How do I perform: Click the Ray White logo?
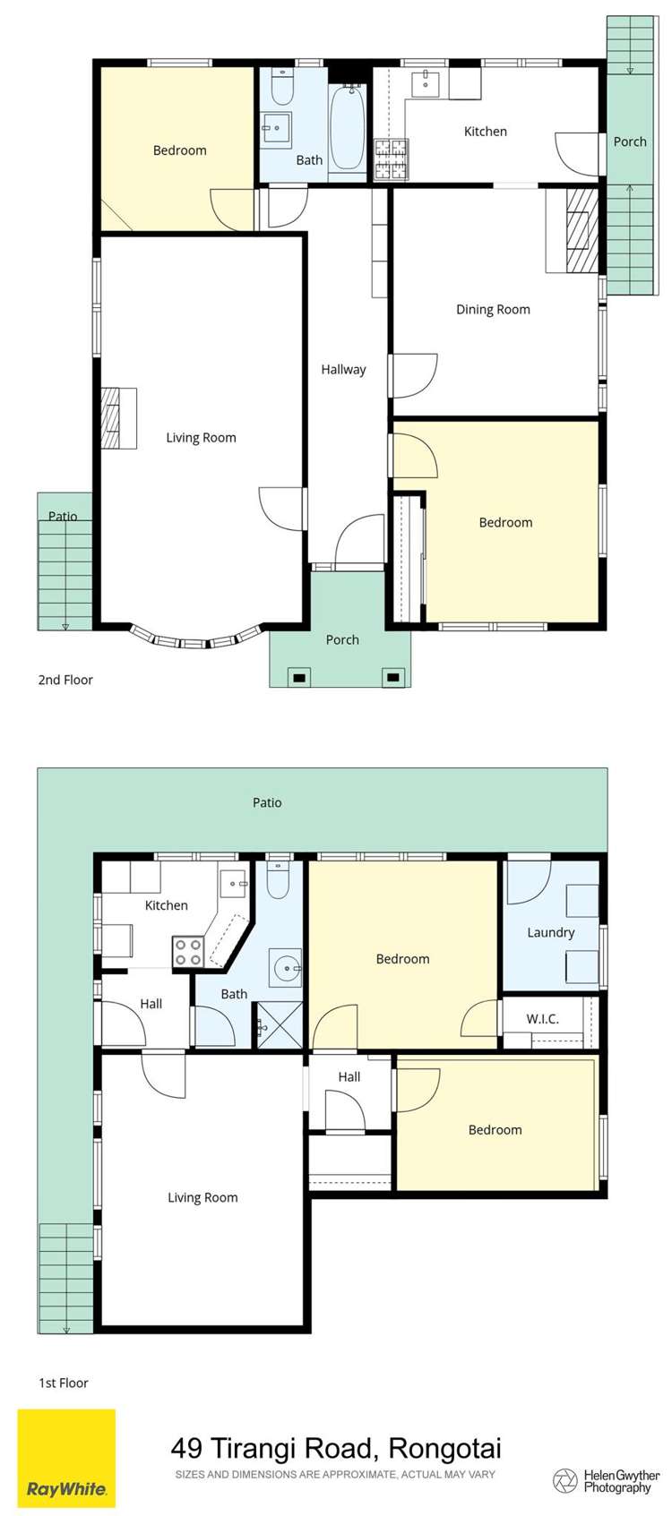pyautogui.click(x=67, y=1457)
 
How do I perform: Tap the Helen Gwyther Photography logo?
pyautogui.click(x=607, y=1480)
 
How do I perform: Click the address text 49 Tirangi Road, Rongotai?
pyautogui.click(x=336, y=1447)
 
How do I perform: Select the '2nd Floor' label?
pyautogui.click(x=65, y=680)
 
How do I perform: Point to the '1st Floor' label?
pyautogui.click(x=64, y=1383)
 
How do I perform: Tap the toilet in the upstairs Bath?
pyautogui.click(x=282, y=89)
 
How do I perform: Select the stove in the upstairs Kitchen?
pyautogui.click(x=390, y=159)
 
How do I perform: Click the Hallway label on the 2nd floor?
pyautogui.click(x=343, y=369)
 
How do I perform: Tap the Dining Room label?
pyautogui.click(x=493, y=310)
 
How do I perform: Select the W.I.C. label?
pyautogui.click(x=542, y=1019)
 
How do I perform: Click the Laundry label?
pyautogui.click(x=550, y=932)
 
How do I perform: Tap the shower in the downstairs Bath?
pyautogui.click(x=280, y=1025)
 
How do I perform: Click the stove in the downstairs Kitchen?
pyautogui.click(x=187, y=952)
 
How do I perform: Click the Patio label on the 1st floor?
pyautogui.click(x=267, y=802)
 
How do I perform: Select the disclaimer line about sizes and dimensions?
pyautogui.click(x=335, y=1474)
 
